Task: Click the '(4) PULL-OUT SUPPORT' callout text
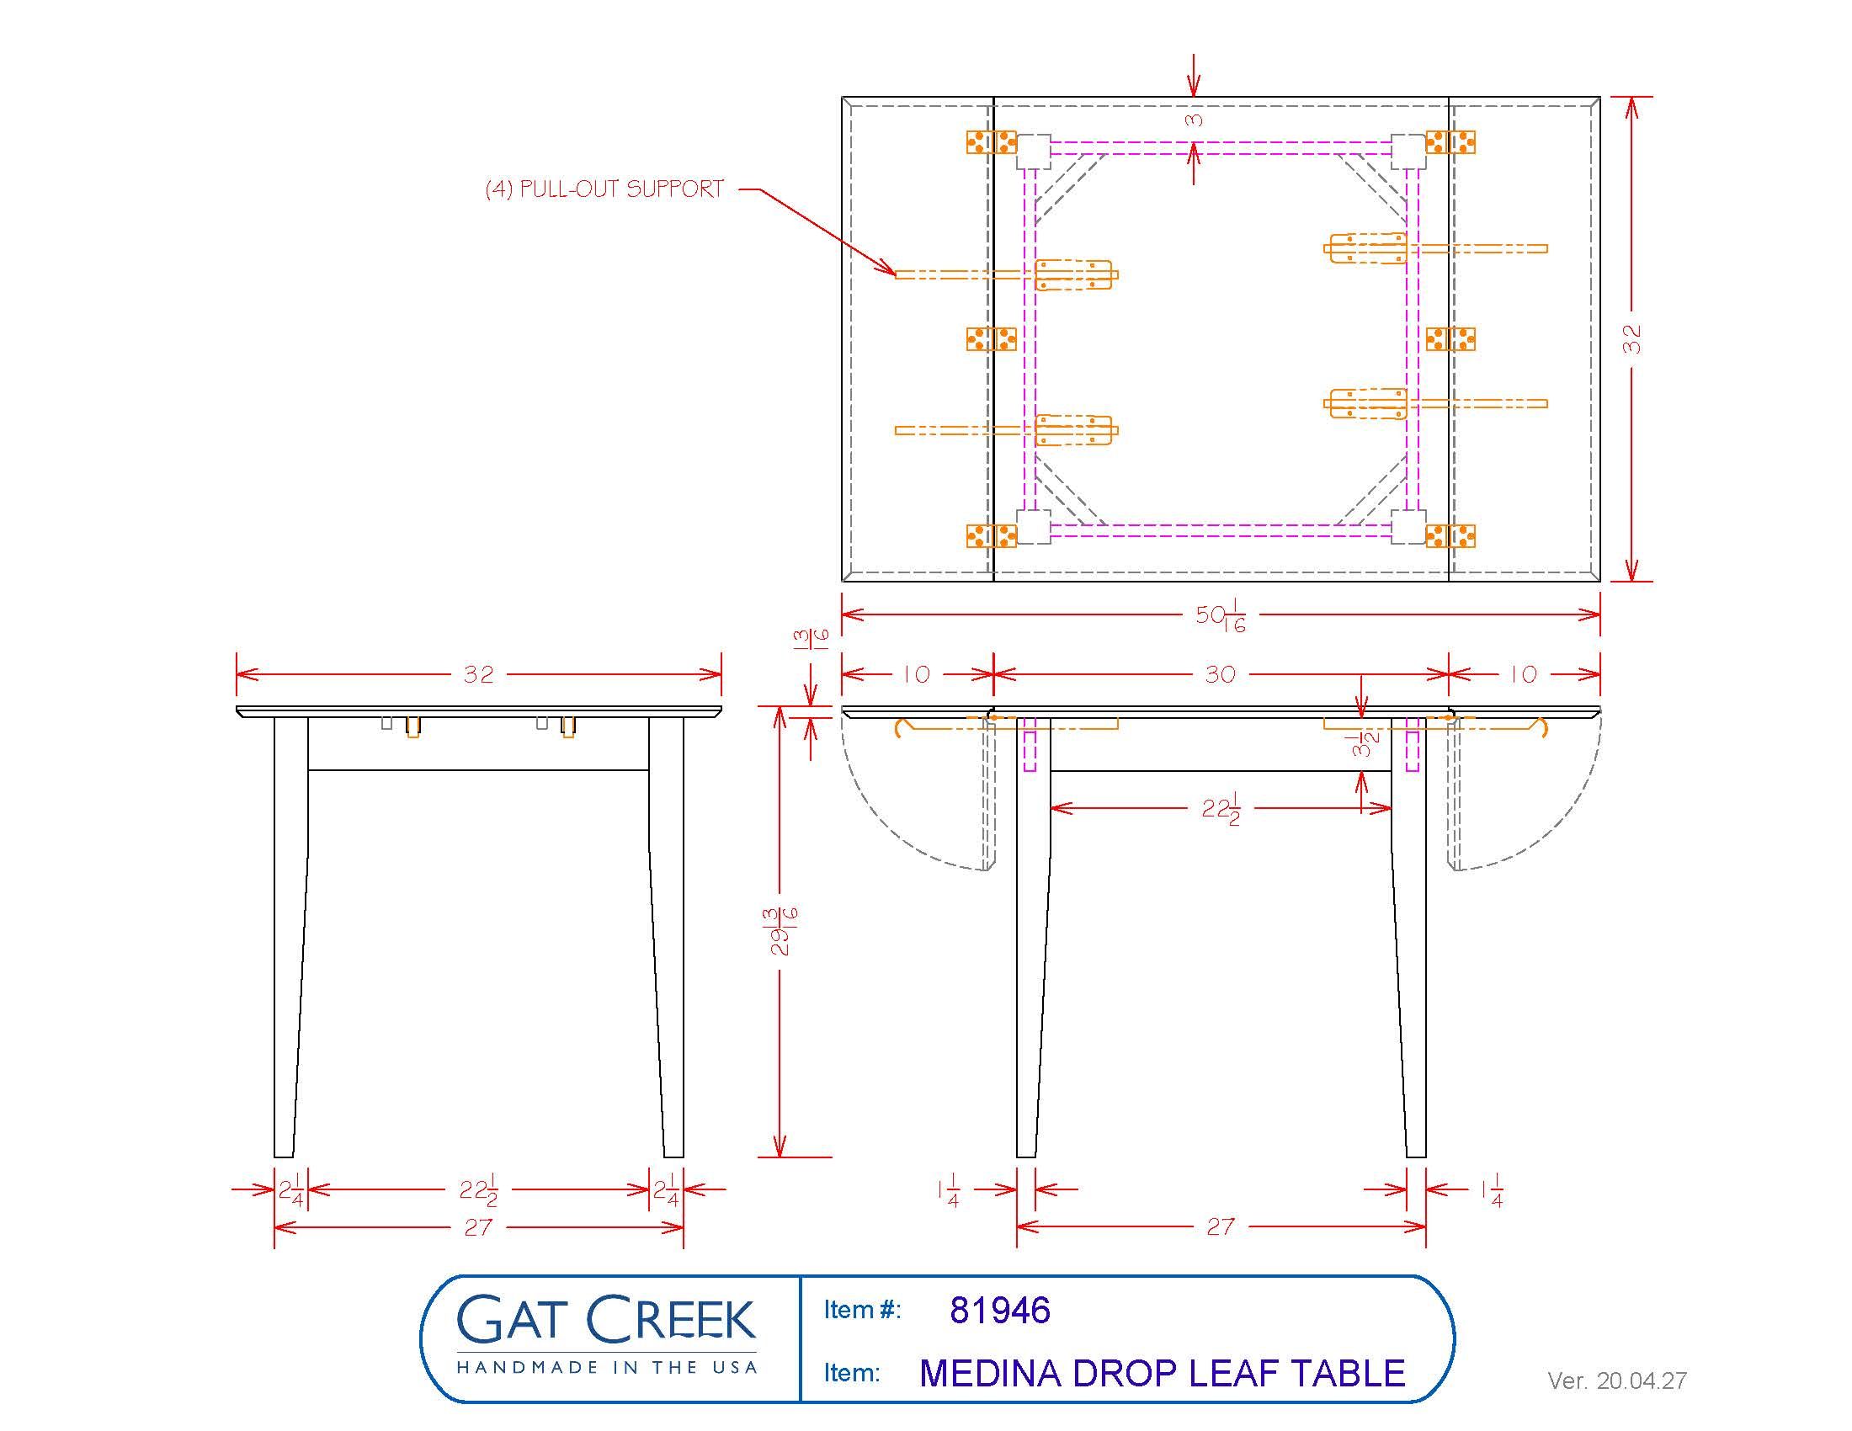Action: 604,189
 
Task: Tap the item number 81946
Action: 1000,1310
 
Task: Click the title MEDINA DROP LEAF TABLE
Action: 1162,1374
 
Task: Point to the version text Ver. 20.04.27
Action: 1616,1381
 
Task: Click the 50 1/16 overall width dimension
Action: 1221,616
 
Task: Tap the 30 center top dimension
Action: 1221,675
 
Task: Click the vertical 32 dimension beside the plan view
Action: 1632,339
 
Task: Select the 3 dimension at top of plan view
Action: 1194,120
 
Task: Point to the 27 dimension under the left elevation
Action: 478,1227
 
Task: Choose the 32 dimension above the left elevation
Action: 478,675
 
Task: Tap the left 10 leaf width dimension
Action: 916,675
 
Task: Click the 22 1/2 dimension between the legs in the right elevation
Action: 1221,810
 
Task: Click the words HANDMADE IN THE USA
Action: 605,1367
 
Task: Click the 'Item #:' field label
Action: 861,1311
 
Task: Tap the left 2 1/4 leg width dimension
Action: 291,1190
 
